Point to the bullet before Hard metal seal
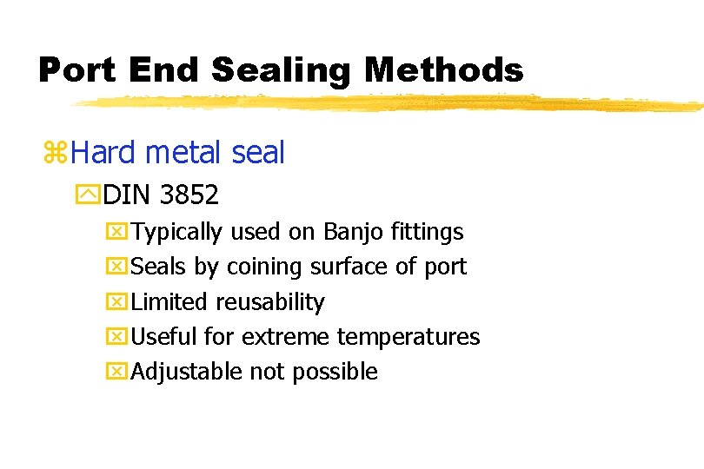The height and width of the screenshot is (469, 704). [56, 154]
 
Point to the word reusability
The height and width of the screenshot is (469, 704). [270, 302]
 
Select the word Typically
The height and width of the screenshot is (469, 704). [178, 232]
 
